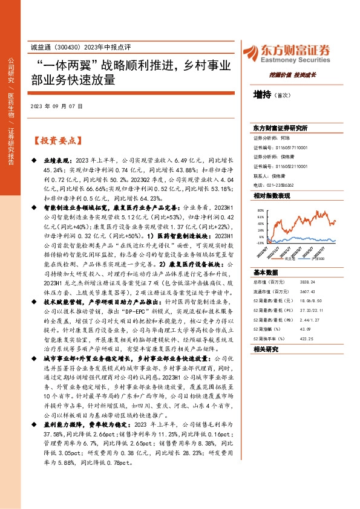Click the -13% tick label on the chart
pos(260,242)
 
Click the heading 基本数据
pos(265,273)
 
